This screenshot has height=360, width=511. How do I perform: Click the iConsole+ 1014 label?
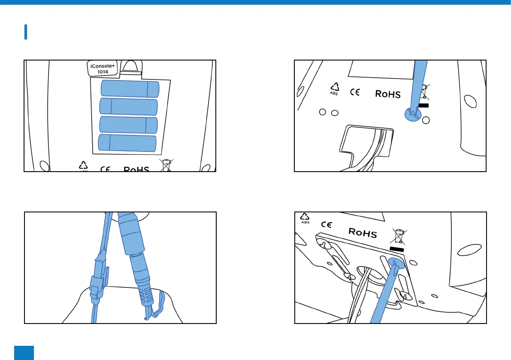[x=100, y=69]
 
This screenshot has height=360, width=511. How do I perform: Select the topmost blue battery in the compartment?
[x=130, y=89]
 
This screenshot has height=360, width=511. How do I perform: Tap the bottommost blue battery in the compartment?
[x=127, y=142]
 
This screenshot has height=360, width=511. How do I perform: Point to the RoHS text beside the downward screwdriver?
[x=388, y=94]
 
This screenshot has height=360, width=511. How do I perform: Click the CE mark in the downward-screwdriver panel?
[x=354, y=92]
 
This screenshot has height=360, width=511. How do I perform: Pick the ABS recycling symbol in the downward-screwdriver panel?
[x=334, y=88]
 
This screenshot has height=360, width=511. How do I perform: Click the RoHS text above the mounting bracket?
[x=362, y=233]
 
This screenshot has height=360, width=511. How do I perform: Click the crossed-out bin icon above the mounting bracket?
[x=399, y=236]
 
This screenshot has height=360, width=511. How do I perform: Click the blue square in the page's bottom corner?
[x=24, y=352]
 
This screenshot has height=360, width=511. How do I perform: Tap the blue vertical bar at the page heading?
[x=26, y=32]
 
